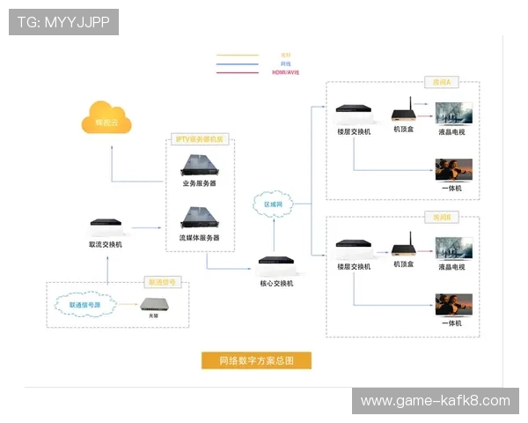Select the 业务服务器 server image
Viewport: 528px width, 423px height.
199,164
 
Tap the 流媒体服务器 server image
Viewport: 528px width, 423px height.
199,218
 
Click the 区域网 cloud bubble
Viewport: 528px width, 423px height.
274,204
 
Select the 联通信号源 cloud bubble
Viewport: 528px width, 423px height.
84,305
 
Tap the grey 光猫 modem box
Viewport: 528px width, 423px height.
158,306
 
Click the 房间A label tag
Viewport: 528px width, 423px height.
441,83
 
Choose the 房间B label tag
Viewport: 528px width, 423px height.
441,217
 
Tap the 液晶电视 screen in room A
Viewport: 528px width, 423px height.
454,114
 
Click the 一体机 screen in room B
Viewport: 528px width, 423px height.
454,305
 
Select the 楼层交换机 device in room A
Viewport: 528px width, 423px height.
354,115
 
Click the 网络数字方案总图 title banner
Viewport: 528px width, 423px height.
255,360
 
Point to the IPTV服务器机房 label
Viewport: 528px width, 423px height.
200,139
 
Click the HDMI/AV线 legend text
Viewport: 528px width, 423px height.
285,72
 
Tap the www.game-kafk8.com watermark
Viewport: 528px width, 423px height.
435,401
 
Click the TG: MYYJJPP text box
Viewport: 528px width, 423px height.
63,22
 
